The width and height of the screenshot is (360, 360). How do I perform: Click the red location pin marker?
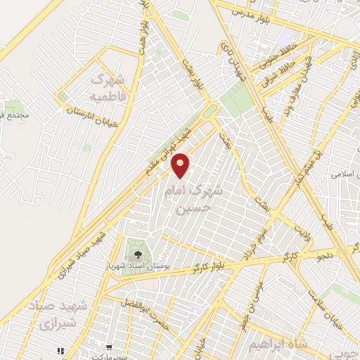click(x=181, y=166)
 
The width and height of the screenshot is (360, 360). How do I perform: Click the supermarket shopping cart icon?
click(x=110, y=347)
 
